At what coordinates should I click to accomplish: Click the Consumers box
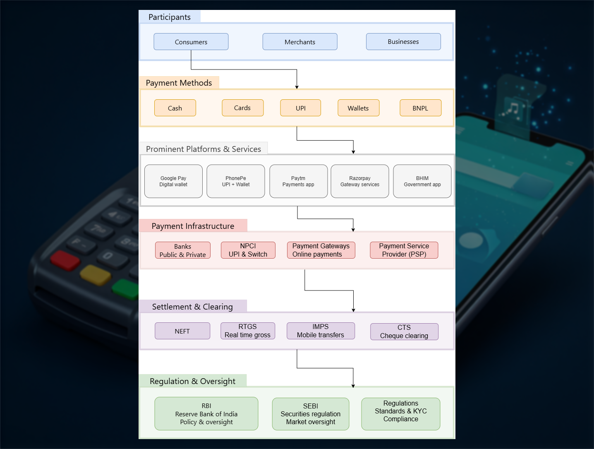point(191,42)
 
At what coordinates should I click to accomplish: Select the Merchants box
point(299,42)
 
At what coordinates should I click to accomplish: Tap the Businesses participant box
point(403,42)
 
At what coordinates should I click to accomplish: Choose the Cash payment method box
point(175,108)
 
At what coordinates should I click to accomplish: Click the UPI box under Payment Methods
point(300,108)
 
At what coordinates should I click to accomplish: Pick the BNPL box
point(420,108)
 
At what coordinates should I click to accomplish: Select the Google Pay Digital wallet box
point(173,181)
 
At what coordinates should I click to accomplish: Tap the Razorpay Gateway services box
point(359,181)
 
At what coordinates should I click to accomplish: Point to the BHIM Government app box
point(422,181)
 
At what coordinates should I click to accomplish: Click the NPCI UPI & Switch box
point(248,250)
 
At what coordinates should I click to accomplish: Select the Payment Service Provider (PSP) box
point(404,250)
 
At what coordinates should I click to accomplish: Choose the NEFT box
point(182,331)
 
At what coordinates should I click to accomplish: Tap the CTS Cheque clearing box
point(404,331)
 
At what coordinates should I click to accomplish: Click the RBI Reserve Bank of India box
point(206,414)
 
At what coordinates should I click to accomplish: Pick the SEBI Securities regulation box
point(310,414)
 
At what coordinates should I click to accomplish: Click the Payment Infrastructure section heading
point(193,226)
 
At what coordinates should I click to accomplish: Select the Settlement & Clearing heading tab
point(192,307)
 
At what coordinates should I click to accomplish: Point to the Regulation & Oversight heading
point(192,381)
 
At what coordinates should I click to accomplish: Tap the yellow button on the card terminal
point(95,275)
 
